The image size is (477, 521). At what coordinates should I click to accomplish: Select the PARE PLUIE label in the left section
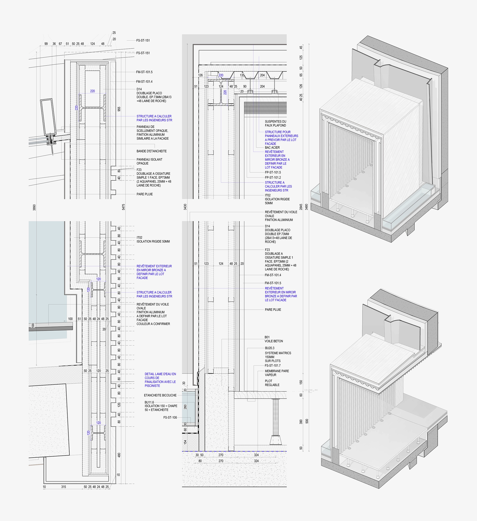point(145,194)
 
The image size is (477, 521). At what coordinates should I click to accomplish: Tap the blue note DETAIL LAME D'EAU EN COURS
point(160,380)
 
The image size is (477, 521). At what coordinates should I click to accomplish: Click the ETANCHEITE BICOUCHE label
point(160,395)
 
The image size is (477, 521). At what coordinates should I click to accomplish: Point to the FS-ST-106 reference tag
point(170,417)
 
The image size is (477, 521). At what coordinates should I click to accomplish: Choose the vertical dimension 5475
point(123,207)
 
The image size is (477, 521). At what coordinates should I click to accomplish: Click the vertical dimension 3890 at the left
point(34,207)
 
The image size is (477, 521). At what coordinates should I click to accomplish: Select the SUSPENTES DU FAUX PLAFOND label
point(275,123)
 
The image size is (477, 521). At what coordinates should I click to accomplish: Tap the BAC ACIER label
point(272,148)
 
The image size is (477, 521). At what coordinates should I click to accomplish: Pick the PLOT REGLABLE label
point(272,383)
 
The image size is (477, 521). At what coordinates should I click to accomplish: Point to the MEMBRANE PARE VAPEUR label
point(277,373)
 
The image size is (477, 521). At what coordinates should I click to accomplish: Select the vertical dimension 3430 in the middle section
point(185,207)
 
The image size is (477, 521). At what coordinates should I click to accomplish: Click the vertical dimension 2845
point(301,207)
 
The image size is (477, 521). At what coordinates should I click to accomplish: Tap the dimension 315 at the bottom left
point(64,487)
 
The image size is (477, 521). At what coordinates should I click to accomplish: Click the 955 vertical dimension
point(119,109)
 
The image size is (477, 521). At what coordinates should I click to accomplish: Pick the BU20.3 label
point(270,348)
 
